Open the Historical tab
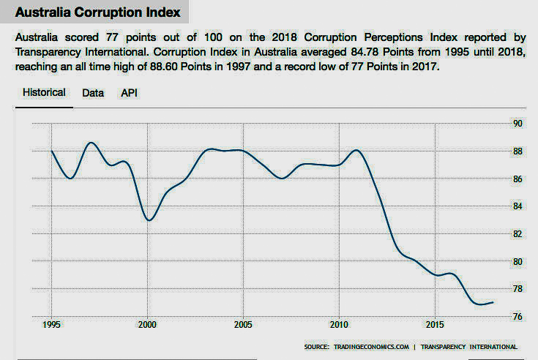point(44,93)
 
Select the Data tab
point(93,94)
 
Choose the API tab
point(129,94)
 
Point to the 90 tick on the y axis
point(517,124)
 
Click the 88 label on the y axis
point(517,151)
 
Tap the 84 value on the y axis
point(517,206)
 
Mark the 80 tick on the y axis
point(517,262)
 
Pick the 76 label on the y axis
point(517,317)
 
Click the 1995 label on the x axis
point(52,324)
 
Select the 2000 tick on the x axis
point(147,324)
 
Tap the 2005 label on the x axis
point(243,324)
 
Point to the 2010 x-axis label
point(338,324)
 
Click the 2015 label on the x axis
point(434,324)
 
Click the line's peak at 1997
point(91,143)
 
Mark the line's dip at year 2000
point(148,220)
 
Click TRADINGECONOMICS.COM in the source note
point(369,347)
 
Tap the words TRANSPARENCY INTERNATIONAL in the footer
point(469,347)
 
